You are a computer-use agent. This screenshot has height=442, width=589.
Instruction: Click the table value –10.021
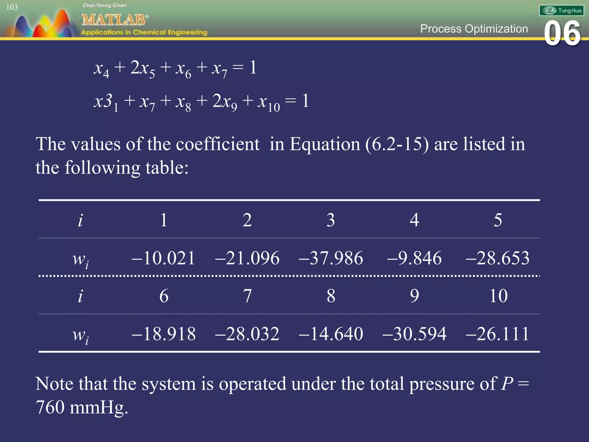pos(163,258)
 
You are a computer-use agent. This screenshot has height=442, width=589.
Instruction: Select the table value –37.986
pos(331,258)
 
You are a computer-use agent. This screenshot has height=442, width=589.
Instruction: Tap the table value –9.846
pos(414,258)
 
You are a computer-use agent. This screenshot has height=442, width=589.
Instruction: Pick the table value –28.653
pos(498,258)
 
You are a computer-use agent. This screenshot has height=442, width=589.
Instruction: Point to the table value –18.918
pos(163,334)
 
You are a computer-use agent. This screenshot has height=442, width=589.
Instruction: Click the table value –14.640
pos(331,334)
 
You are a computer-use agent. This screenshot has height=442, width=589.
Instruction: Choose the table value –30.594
pos(414,334)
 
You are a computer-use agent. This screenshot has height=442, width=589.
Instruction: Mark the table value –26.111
pos(498,334)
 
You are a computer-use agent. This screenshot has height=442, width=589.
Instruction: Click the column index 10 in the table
pos(498,296)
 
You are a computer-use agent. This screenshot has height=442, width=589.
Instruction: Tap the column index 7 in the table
pos(247,296)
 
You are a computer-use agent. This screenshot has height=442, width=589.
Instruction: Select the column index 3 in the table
pos(331,220)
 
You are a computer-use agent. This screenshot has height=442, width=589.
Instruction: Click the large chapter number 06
pos(562,34)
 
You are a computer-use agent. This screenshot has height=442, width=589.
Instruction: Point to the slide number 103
pos(12,7)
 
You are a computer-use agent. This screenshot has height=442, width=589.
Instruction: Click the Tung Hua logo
pos(561,11)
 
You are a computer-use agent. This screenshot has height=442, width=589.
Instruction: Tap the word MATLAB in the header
pos(114,20)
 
